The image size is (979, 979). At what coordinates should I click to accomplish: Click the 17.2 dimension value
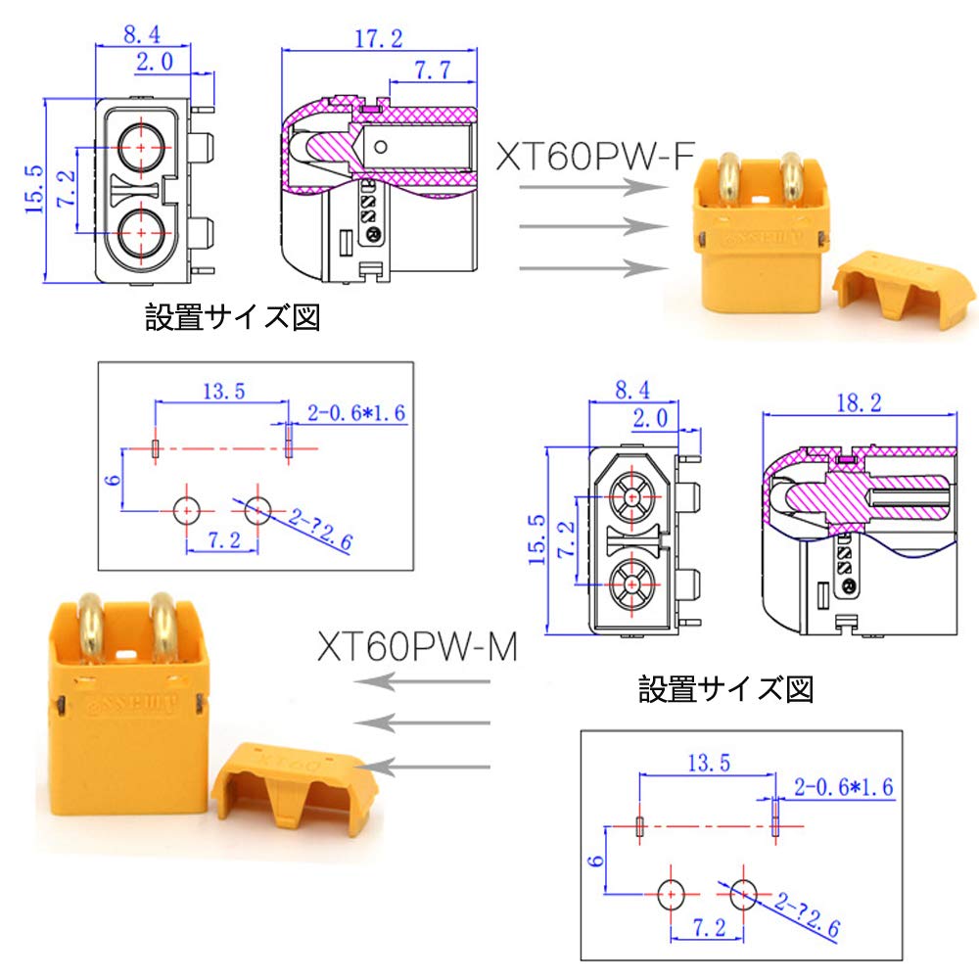click(x=379, y=39)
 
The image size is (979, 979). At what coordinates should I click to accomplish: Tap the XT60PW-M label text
click(x=416, y=646)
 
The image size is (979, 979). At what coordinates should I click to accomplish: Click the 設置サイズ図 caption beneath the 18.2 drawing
click(x=725, y=689)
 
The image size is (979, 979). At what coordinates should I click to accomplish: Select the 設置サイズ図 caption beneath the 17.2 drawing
click(x=233, y=317)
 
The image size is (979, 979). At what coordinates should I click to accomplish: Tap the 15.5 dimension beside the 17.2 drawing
click(x=35, y=188)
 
